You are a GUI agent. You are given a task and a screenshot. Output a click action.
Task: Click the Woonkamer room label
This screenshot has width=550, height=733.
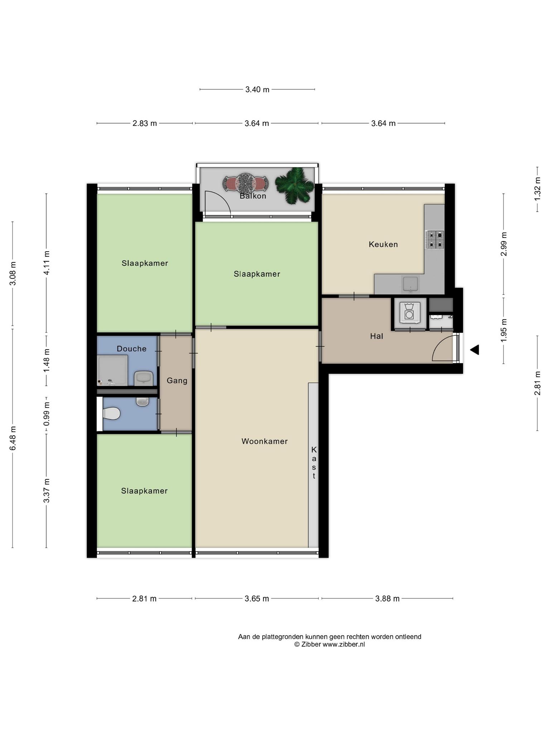click(265, 441)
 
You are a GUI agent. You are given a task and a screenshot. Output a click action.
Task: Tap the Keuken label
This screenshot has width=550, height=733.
click(383, 244)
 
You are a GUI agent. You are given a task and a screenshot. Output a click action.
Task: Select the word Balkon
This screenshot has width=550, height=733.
click(253, 196)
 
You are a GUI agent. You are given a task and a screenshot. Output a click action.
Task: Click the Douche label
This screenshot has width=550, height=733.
click(131, 349)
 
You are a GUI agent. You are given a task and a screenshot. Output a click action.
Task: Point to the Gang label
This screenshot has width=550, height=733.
click(177, 380)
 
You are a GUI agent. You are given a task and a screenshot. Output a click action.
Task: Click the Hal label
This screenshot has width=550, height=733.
click(377, 336)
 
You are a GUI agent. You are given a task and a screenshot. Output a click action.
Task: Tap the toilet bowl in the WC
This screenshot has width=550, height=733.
click(111, 413)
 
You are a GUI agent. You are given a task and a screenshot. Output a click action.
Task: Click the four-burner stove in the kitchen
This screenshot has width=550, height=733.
click(435, 240)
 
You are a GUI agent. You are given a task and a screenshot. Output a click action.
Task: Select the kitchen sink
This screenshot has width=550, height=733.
click(410, 284)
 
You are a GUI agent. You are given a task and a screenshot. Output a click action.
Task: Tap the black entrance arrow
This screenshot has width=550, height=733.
click(474, 350)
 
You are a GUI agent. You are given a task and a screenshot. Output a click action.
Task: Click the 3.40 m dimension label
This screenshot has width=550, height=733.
click(257, 89)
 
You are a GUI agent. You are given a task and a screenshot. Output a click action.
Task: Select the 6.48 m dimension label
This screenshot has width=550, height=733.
click(13, 438)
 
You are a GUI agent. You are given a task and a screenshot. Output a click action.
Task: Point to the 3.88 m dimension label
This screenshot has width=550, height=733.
click(387, 598)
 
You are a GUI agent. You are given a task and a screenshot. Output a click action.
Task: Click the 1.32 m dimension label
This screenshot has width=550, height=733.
click(537, 189)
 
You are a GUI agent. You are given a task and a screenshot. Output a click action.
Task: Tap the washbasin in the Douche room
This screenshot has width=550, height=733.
click(144, 378)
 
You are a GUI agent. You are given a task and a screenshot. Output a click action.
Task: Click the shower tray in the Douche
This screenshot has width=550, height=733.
click(112, 370)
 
